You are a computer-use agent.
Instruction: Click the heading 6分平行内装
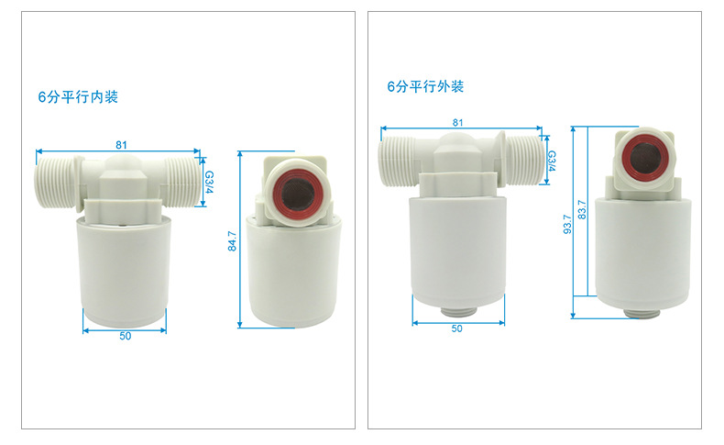pyautogui.click(x=78, y=96)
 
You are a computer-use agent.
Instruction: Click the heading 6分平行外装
pyautogui.click(x=425, y=87)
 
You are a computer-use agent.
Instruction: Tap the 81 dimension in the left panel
pyautogui.click(x=121, y=144)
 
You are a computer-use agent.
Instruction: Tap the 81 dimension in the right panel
pyautogui.click(x=457, y=122)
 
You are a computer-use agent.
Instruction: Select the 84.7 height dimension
pyautogui.click(x=232, y=241)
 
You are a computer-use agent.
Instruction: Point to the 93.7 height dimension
pyautogui.click(x=568, y=223)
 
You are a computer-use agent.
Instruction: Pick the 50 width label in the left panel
pyautogui.click(x=125, y=336)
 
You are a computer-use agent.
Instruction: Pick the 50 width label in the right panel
pyautogui.click(x=456, y=328)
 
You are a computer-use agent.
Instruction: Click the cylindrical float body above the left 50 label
pyautogui.click(x=125, y=266)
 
